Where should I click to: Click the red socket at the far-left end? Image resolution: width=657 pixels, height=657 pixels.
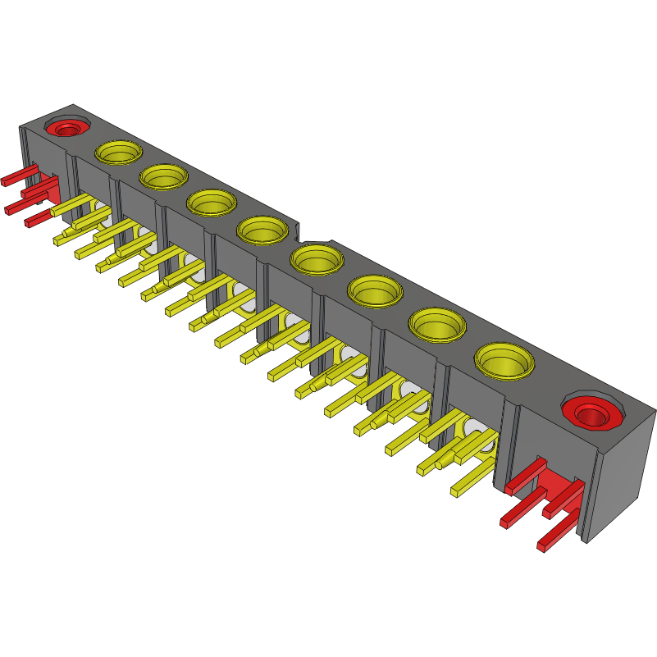(67, 128)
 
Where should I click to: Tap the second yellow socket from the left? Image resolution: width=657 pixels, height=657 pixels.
(163, 176)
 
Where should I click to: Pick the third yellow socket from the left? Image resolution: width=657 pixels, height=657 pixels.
(212, 201)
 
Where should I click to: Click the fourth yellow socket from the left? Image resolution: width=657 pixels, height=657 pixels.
(262, 229)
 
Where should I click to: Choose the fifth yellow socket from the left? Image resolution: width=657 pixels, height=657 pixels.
(317, 259)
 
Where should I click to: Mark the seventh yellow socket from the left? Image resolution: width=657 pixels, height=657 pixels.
(436, 323)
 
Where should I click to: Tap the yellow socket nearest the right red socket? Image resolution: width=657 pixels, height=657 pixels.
(503, 359)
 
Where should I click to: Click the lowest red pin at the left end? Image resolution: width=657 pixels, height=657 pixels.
(38, 219)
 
